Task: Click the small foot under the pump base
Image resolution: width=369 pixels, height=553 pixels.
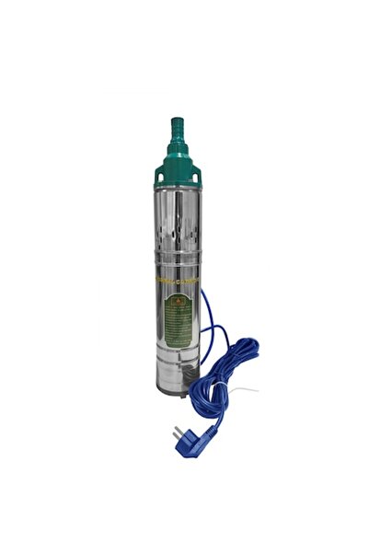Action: coord(185,397)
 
